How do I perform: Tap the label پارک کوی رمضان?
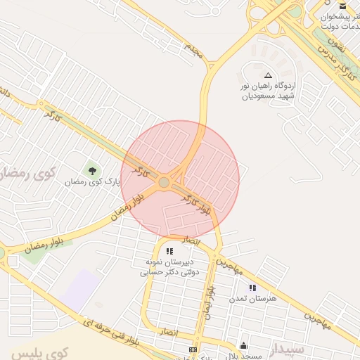(92, 181)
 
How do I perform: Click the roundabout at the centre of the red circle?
(164, 182)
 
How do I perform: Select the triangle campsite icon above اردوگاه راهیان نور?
(268, 75)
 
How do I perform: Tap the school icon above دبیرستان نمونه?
(169, 250)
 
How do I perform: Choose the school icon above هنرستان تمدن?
(252, 287)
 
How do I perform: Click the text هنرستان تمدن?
(253, 298)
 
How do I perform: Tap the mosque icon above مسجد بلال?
(243, 345)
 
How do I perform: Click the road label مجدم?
(193, 50)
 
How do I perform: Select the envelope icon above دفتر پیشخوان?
(342, 5)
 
